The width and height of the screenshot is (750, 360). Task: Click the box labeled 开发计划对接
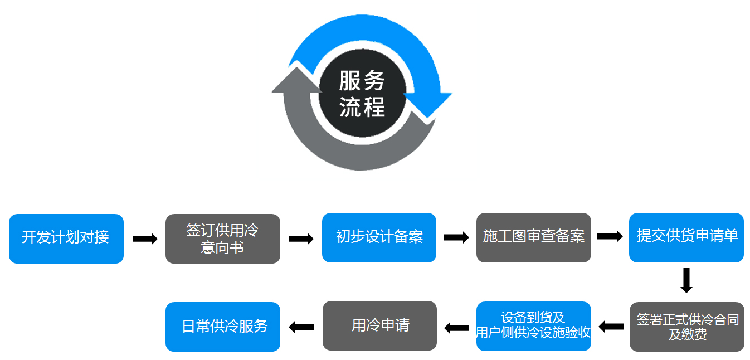click(x=66, y=238)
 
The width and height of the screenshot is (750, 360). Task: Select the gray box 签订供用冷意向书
click(x=222, y=239)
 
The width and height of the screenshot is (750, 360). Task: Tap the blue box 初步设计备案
click(x=379, y=237)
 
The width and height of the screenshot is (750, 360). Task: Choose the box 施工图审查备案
click(x=533, y=237)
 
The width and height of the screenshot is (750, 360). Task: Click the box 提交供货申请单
click(x=686, y=237)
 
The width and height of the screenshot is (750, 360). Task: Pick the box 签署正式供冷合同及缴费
click(x=687, y=327)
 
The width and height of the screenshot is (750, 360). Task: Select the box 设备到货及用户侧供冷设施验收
click(x=533, y=326)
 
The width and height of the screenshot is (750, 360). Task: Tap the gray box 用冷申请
click(x=379, y=326)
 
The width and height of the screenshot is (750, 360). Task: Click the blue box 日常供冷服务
click(x=223, y=327)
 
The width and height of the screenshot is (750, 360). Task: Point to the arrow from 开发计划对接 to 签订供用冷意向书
click(x=145, y=239)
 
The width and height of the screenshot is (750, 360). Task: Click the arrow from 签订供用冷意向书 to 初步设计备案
click(x=301, y=239)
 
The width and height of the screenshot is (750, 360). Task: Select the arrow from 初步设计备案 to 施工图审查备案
click(x=456, y=237)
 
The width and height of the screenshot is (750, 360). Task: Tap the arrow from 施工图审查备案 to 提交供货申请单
click(x=610, y=236)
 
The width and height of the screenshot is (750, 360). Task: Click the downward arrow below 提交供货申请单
click(x=686, y=281)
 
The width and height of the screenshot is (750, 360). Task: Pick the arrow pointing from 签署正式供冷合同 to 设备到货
click(x=611, y=326)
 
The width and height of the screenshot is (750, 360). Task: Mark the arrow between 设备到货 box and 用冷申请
click(x=456, y=327)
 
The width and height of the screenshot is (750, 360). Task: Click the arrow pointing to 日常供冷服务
click(x=301, y=327)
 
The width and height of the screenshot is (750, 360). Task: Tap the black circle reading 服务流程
click(x=362, y=94)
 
